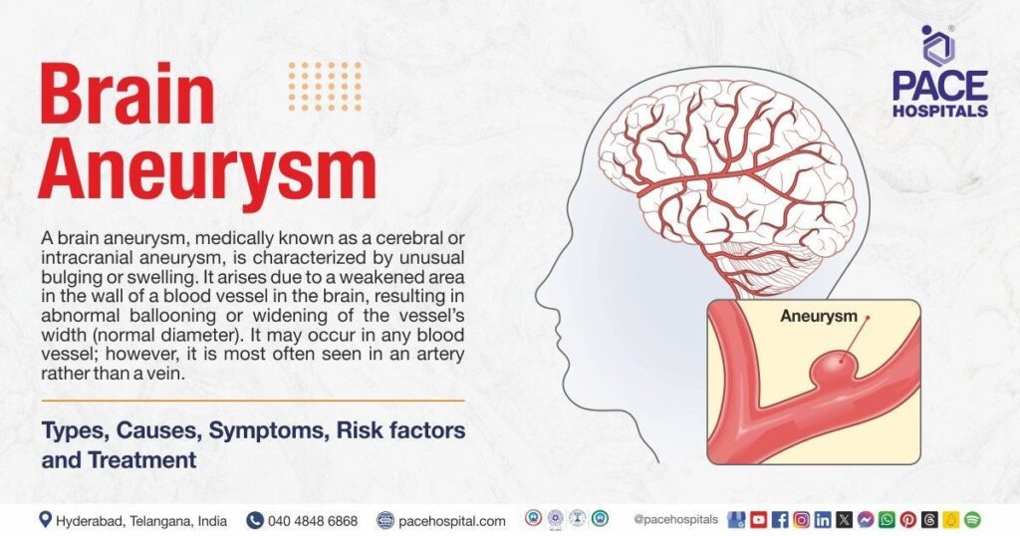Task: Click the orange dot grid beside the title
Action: pos(325,86)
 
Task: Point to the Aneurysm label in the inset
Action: pos(819,316)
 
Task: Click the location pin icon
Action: pos(45,520)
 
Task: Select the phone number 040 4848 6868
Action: pos(312,521)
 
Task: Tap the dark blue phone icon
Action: pos(254,520)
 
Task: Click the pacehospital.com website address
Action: pos(451,521)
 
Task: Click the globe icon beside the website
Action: pos(385,520)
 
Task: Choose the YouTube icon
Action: pos(758,520)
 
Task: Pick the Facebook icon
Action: pos(780,520)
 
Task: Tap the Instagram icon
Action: pos(802,520)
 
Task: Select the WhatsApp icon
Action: pos(887,520)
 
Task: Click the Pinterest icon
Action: pos(908,520)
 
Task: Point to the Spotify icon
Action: pos(972,520)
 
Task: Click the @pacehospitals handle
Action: pos(676,520)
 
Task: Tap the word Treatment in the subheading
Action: pos(141,460)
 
